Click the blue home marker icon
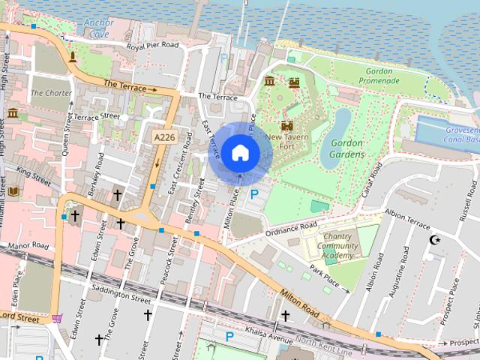240,153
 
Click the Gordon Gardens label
346,148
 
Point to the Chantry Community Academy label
337,246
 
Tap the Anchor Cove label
99,28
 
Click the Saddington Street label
120,295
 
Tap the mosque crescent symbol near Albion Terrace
433,240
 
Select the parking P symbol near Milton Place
254,194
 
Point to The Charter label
51,94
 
